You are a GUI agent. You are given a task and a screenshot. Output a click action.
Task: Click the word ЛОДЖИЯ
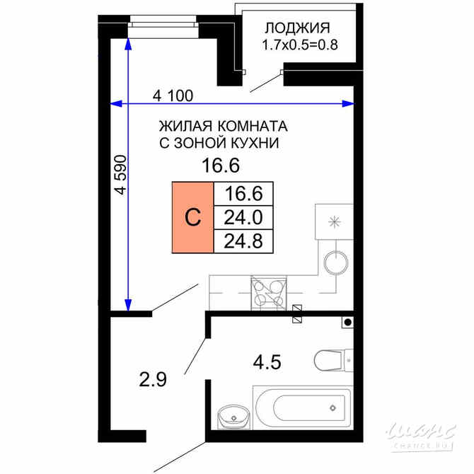tap(297, 28)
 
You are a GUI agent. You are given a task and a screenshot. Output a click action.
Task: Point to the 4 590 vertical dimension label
tap(121, 175)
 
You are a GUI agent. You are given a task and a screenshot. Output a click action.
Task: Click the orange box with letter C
tap(192, 217)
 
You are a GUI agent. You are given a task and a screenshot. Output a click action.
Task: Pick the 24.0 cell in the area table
tap(243, 216)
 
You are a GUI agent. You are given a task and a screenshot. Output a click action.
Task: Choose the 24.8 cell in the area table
tap(243, 241)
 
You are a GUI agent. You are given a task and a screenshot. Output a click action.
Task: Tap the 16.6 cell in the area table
tap(243, 193)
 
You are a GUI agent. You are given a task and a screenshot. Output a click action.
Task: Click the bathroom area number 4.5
tap(267, 363)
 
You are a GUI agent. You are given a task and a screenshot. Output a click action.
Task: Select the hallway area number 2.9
tap(152, 380)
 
